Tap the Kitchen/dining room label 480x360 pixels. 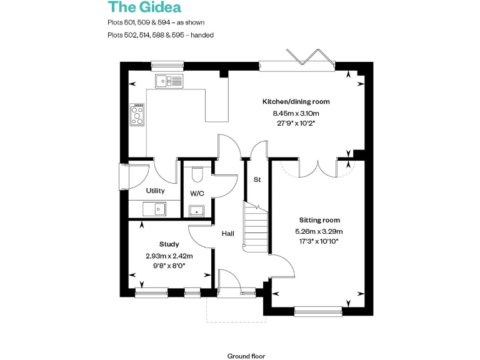(296, 101)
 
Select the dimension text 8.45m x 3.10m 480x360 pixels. (296, 113)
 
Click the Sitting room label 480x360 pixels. (319, 220)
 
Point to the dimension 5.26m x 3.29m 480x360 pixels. (319, 231)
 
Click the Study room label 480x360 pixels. (169, 244)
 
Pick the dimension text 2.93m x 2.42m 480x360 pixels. (169, 256)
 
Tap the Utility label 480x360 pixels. (155, 191)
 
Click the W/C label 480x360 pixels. (197, 194)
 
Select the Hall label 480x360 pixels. (227, 234)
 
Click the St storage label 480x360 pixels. (256, 180)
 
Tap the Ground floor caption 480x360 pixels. (246, 356)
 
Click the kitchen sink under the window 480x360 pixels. (169, 80)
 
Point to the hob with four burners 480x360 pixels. (136, 114)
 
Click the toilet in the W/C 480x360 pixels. (197, 171)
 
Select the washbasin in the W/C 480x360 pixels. (197, 210)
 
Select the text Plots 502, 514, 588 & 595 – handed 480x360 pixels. (161, 35)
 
